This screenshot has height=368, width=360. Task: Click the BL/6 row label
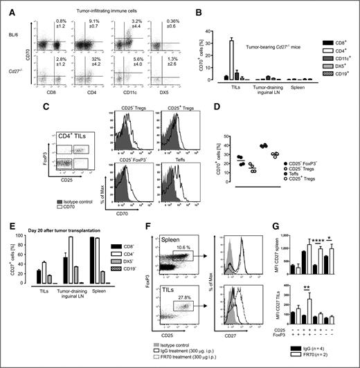pos(13,32)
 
